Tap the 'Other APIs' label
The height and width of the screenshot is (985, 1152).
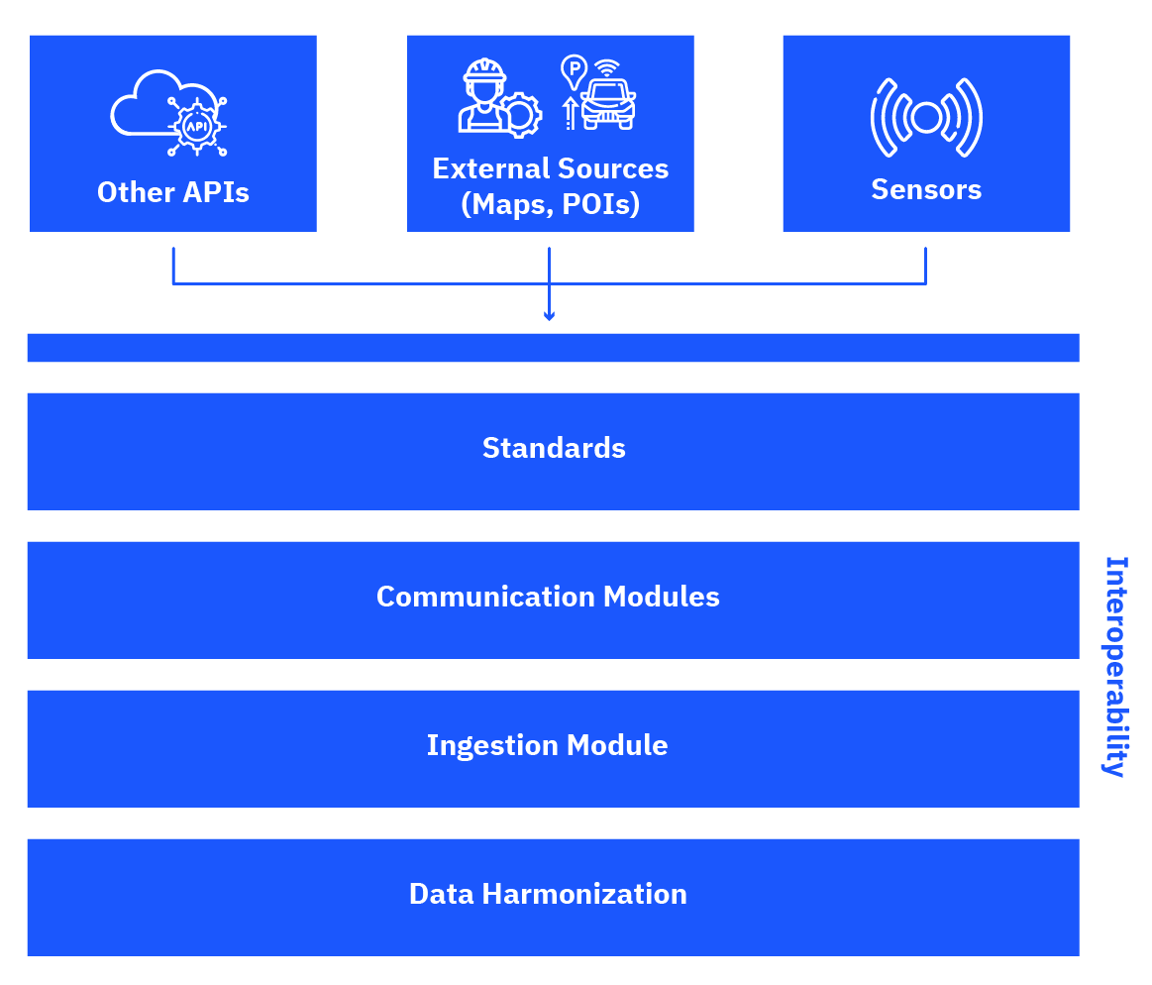[x=173, y=192]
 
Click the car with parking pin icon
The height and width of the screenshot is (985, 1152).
[x=598, y=92]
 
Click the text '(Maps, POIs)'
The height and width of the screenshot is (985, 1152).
[x=551, y=203]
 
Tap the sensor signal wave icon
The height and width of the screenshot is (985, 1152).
[x=926, y=118]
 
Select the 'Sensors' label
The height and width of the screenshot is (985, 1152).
[x=926, y=189]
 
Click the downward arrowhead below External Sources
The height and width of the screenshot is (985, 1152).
[x=549, y=316]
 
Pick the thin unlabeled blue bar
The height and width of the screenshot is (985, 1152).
[x=554, y=348]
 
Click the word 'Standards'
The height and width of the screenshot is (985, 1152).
[x=554, y=448]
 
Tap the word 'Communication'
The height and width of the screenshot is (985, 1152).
[x=485, y=597]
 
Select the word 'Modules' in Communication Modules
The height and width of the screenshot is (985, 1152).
[x=662, y=597]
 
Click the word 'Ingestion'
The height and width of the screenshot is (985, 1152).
[x=492, y=745]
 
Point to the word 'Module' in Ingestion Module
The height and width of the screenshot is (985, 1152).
[x=617, y=745]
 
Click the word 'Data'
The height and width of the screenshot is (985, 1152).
[x=441, y=894]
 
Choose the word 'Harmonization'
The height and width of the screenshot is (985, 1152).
[x=584, y=894]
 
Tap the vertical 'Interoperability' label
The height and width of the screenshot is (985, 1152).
[x=1116, y=667]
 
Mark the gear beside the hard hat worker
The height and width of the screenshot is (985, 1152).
[x=520, y=115]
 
